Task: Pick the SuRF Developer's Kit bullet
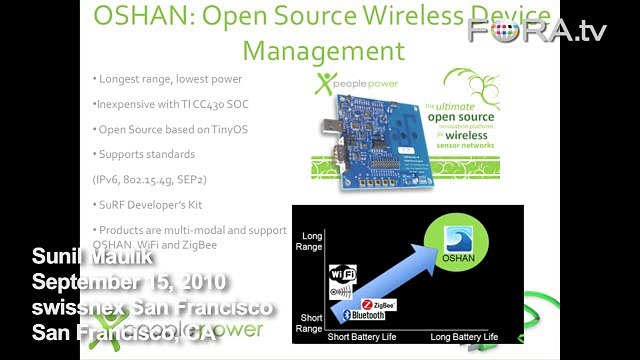153,206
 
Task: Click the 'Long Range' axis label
309,240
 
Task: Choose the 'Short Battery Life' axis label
368,338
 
